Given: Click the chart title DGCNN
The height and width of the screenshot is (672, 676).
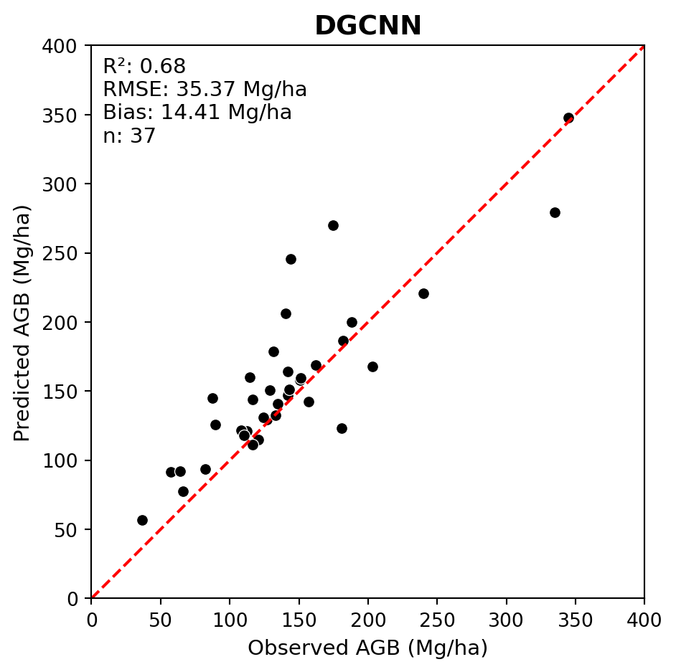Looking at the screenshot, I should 367,27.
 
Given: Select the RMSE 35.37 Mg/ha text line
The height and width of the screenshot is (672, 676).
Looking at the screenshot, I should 205,90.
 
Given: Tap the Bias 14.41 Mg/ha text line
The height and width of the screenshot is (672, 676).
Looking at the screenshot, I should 197,113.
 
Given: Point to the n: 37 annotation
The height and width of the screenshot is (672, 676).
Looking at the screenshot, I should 129,136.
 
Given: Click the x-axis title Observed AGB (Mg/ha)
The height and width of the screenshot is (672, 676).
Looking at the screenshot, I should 367,648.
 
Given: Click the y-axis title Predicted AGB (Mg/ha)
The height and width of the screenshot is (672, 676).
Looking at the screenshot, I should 23,323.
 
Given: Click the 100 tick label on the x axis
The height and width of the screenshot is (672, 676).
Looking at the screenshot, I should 230,617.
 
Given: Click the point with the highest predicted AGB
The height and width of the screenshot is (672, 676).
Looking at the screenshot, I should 568,118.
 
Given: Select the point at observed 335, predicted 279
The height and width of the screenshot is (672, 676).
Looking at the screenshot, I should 555,212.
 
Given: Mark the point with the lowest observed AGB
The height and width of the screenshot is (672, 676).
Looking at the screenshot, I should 142,520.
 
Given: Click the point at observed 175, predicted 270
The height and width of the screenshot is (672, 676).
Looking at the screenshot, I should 333,225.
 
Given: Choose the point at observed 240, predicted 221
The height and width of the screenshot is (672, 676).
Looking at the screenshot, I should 423,293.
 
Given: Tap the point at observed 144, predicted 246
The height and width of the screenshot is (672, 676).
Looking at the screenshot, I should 291,259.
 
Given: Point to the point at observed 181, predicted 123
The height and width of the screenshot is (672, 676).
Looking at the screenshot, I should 342,428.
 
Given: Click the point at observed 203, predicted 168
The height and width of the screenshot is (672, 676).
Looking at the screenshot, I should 372,366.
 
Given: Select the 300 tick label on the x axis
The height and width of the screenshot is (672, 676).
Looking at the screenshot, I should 507,617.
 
